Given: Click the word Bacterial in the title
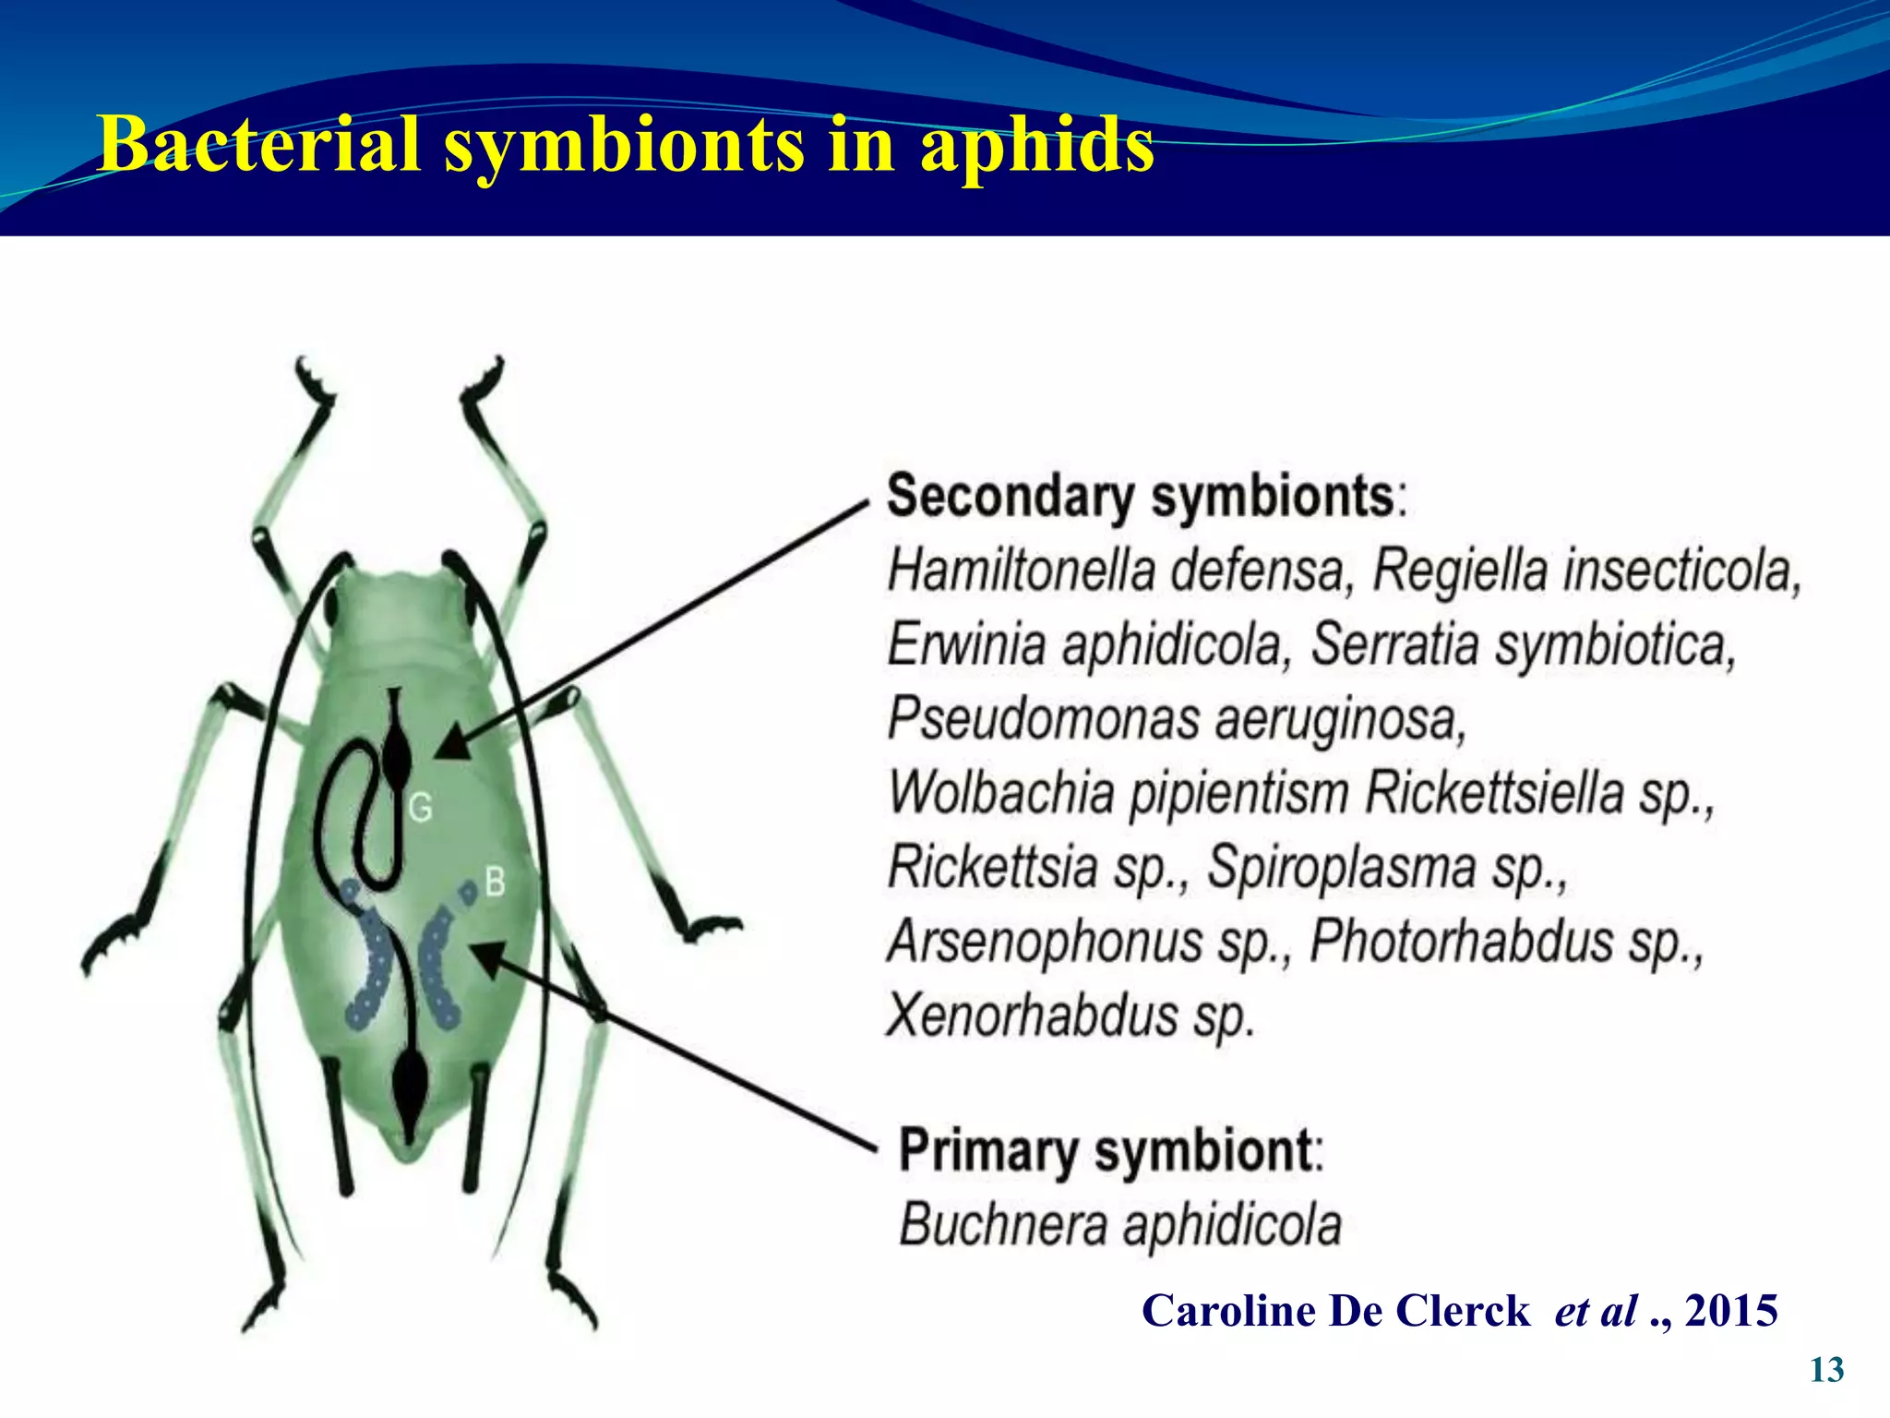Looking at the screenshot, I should (259, 144).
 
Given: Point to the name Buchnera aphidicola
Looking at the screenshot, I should (1119, 1225).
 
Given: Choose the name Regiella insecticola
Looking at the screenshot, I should (1585, 571).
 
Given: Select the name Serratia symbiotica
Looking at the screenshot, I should (1523, 644).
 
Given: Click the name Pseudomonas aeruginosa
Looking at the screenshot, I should (1176, 719).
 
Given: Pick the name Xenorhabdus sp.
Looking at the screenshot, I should (1070, 1015).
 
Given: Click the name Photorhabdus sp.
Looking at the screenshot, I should (1505, 942).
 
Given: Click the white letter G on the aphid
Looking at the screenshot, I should (421, 808).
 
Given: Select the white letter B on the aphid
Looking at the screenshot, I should (496, 882).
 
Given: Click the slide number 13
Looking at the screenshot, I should (1826, 1370).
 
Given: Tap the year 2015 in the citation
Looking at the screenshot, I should (1731, 1311).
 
